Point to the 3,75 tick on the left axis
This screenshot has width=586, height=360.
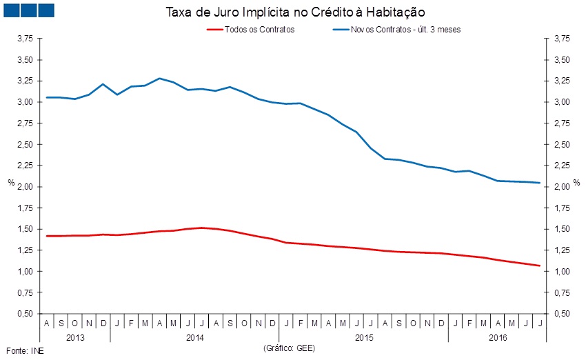pyautogui.click(x=26, y=39)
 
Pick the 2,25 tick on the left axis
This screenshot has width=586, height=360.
pyautogui.click(x=26, y=166)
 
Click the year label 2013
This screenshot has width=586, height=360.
pyautogui.click(x=74, y=338)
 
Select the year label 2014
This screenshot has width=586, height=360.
pyautogui.click(x=196, y=338)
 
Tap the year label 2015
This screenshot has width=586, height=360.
pyautogui.click(x=363, y=338)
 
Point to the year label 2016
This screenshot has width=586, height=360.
pyautogui.click(x=497, y=338)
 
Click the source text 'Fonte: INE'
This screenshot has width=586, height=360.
pyautogui.click(x=21, y=350)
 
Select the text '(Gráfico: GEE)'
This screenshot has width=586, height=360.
pyautogui.click(x=289, y=349)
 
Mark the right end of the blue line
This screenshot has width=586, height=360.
pyautogui.click(x=539, y=183)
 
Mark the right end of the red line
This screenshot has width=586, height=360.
pyautogui.click(x=539, y=266)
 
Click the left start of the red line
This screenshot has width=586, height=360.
pyautogui.click(x=46, y=236)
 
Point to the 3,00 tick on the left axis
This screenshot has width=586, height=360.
pyautogui.click(x=26, y=102)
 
